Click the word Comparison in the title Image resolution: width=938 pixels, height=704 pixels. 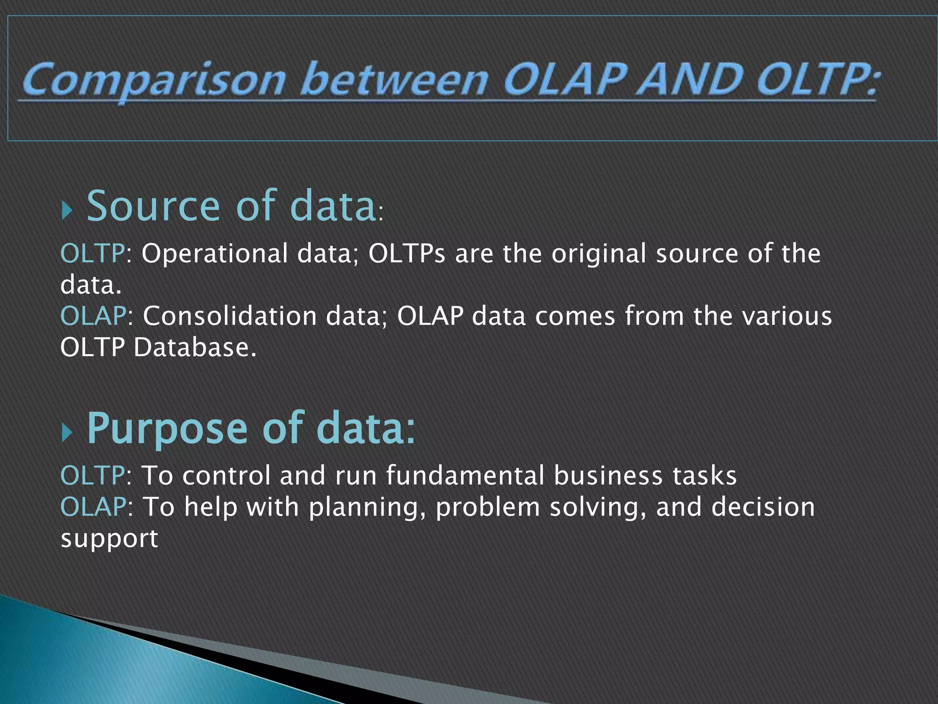point(153,81)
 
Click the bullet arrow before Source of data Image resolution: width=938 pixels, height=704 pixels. point(67,210)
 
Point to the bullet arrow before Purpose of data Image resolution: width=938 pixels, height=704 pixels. point(67,433)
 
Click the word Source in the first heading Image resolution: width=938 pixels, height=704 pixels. point(153,206)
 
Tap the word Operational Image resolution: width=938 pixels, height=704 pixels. point(214,253)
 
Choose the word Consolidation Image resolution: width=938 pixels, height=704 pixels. point(229,316)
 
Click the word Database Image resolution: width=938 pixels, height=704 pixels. point(195,347)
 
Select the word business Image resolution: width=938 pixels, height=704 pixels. point(608,475)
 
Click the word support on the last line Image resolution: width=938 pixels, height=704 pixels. point(109,539)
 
